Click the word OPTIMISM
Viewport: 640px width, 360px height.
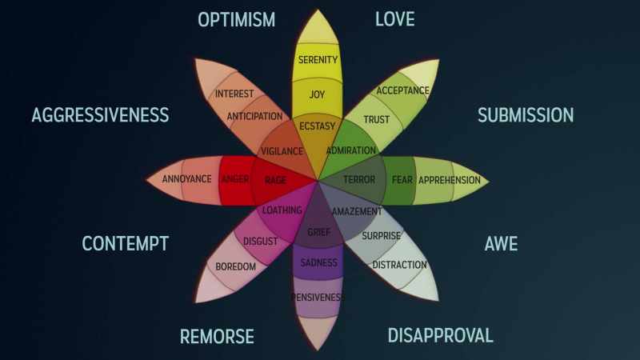[x=236, y=19]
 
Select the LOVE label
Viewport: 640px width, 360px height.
[x=394, y=19]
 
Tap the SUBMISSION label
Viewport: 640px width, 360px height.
[x=526, y=115]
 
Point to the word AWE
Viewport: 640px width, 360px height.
[x=501, y=244]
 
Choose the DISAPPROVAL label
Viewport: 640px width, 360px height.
[x=441, y=335]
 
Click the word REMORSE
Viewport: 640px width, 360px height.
[x=217, y=336]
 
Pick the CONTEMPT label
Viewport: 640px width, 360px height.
[x=126, y=244]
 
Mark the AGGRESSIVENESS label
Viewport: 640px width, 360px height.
[x=101, y=115]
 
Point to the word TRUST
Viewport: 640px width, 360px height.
[x=376, y=119]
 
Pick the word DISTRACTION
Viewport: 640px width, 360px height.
[x=399, y=265]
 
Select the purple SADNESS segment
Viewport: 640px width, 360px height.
[x=318, y=262]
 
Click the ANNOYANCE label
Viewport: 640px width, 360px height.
[x=186, y=178]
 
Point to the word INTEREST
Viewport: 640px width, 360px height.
[x=234, y=94]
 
